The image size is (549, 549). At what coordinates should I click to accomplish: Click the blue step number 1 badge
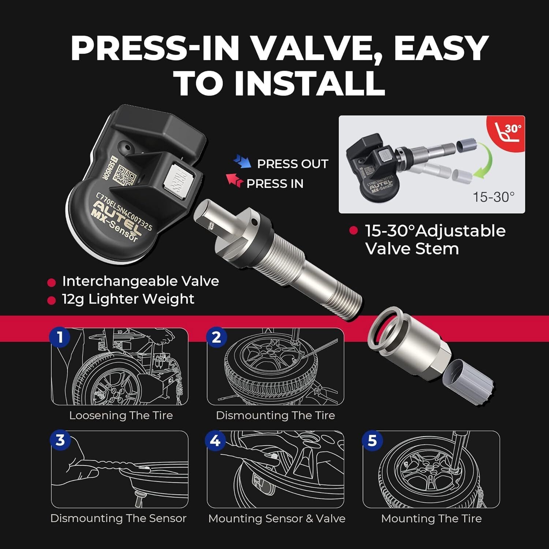click(60, 337)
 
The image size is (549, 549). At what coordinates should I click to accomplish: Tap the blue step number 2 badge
click(217, 337)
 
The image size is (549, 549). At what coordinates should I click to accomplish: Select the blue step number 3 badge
click(60, 440)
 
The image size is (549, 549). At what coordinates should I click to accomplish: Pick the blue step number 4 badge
click(216, 440)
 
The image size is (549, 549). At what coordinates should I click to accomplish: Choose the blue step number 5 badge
click(372, 440)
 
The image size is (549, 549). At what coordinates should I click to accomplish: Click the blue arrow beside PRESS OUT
click(242, 161)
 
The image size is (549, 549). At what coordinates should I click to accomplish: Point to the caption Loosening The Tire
click(121, 415)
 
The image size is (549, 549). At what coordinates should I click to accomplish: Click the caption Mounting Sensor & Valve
click(277, 519)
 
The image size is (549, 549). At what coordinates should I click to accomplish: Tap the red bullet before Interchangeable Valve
click(52, 283)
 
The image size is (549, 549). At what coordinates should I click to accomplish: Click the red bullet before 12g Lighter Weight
click(52, 300)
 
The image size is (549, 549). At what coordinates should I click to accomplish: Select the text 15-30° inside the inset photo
click(493, 197)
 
